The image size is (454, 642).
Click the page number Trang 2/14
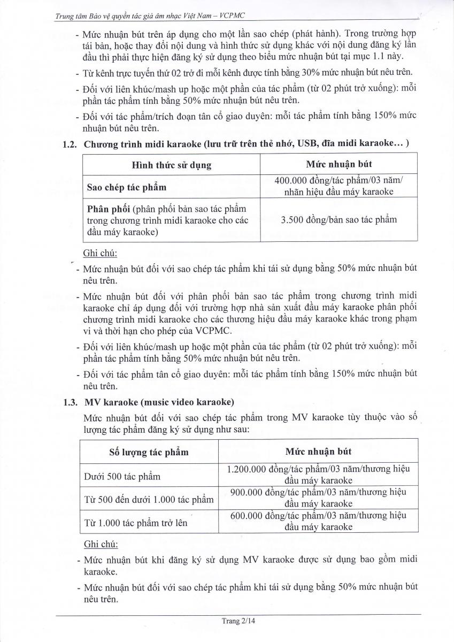238,622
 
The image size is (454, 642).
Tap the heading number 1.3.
71,401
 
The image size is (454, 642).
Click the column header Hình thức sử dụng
171,164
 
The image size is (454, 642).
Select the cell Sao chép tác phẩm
126,187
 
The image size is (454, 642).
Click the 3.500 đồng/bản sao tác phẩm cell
339,219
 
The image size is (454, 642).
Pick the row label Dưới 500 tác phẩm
122,476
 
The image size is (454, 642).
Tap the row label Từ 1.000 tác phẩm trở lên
136,523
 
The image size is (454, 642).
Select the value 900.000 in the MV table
246,492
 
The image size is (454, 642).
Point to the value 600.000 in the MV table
246,515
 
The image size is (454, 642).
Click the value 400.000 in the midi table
293,181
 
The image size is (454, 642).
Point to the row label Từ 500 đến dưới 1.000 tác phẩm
149,500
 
